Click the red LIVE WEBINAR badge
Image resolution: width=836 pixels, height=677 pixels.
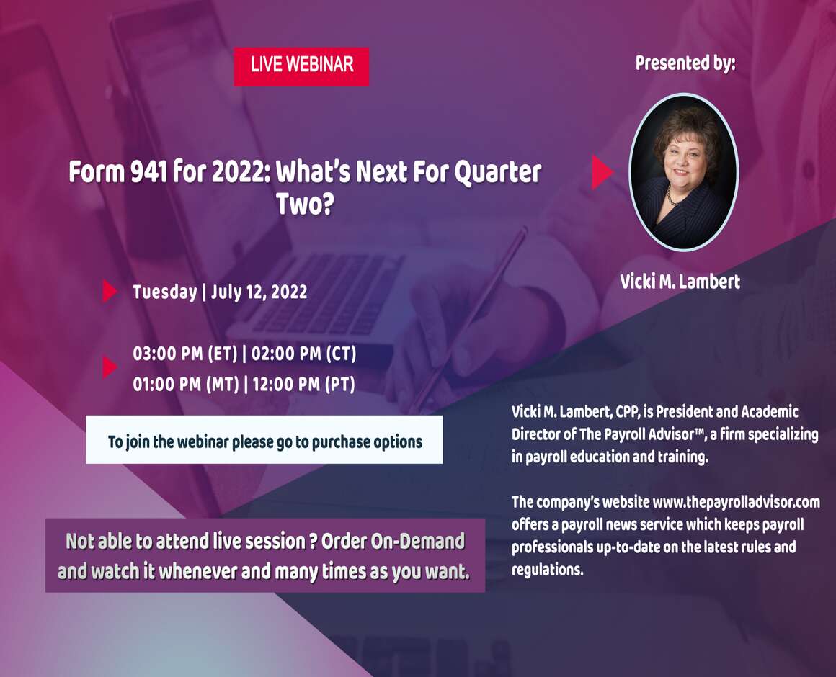301,66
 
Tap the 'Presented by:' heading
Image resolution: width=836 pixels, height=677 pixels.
685,63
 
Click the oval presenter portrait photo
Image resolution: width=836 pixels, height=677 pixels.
684,172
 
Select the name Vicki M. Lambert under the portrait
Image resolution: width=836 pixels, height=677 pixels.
680,281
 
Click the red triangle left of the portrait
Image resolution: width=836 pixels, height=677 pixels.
602,172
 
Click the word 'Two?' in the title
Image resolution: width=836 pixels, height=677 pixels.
305,204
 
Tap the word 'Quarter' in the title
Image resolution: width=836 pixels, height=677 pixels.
498,173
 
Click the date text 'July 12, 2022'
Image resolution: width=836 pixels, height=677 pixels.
259,292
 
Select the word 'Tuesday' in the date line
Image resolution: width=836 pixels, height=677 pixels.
165,292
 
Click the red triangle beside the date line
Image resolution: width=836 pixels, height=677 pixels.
110,292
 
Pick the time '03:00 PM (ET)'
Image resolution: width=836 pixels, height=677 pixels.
184,354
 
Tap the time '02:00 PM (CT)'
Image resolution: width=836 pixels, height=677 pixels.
303,354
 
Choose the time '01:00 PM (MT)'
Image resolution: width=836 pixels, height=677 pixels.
185,384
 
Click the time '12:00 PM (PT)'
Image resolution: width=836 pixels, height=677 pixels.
303,384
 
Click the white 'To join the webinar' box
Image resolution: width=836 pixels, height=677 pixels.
264,440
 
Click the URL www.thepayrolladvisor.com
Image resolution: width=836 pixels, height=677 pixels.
737,502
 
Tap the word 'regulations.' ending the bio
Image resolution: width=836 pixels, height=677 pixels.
548,570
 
